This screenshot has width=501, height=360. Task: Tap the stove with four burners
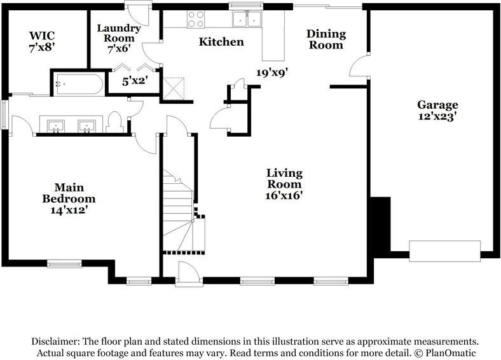pyautogui.click(x=196, y=20)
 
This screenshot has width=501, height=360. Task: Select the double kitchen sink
pyautogui.click(x=247, y=20)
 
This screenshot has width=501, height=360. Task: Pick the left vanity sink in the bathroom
pyautogui.click(x=56, y=125)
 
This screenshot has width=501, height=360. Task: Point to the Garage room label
pyautogui.click(x=437, y=105)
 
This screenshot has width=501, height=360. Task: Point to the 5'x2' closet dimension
pyautogui.click(x=135, y=81)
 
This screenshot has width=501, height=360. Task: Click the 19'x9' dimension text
pyautogui.click(x=272, y=73)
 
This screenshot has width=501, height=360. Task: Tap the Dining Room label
pyautogui.click(x=326, y=39)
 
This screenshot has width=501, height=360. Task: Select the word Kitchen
pyautogui.click(x=221, y=42)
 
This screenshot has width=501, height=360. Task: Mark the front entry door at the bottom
pyautogui.click(x=188, y=275)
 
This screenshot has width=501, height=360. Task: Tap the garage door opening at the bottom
pyautogui.click(x=444, y=251)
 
